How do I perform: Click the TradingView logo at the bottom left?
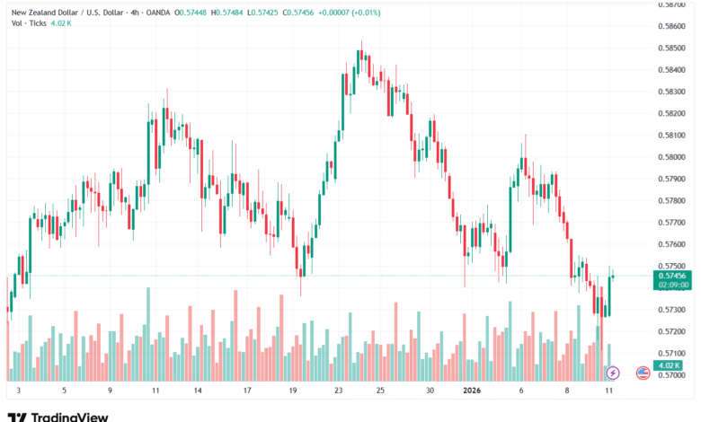coord(58,416)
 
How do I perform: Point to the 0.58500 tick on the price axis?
coord(672,48)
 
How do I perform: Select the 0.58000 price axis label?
coord(672,157)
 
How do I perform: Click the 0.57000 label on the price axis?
coord(672,375)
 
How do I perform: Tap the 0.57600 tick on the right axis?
coord(672,244)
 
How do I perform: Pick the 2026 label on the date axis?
coord(472,391)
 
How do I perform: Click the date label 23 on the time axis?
coord(338,391)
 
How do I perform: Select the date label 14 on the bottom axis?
coord(197,391)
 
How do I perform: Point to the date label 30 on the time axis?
coord(430,391)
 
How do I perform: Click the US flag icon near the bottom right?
coord(643,372)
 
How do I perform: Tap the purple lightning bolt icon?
coord(614,372)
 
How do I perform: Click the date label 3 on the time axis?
coord(17,391)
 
